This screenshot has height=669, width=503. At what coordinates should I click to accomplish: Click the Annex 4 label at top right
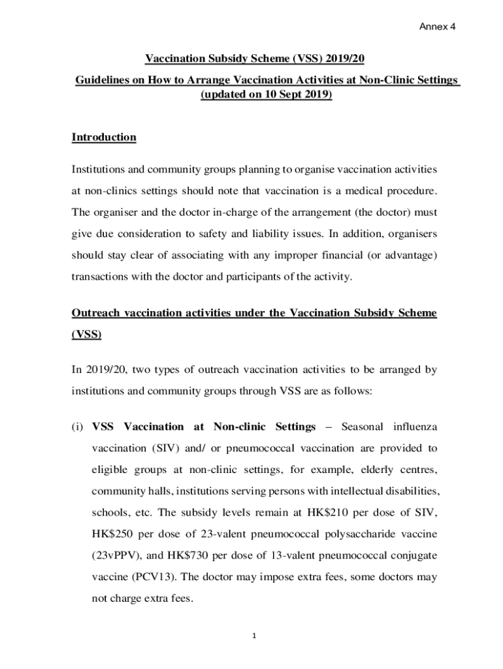coord(437,27)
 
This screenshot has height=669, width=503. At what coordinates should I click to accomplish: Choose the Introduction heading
coord(103,137)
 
